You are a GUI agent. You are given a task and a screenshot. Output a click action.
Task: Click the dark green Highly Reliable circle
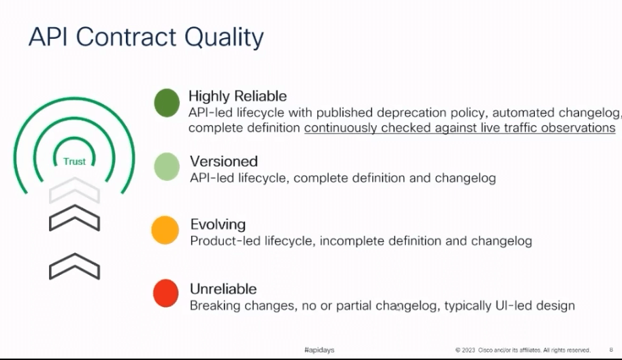tap(167, 103)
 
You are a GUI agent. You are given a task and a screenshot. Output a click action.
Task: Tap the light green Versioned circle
tap(167, 167)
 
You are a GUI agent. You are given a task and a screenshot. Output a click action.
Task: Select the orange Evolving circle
tap(165, 230)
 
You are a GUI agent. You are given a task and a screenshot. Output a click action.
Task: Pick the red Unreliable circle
tap(165, 293)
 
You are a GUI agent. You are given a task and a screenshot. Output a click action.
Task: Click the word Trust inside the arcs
tap(75, 161)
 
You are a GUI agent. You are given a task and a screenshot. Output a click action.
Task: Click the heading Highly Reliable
tap(238, 96)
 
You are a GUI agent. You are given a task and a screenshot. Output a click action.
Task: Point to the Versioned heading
tap(224, 161)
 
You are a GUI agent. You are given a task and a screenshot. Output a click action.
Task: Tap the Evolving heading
tap(218, 225)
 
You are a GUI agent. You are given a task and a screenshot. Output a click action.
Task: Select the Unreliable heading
tap(223, 289)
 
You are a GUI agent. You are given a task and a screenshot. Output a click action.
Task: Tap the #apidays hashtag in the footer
tap(319, 350)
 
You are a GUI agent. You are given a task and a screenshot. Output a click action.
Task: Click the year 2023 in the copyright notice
tap(468, 350)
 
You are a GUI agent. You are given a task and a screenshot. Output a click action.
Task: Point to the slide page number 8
tap(611, 350)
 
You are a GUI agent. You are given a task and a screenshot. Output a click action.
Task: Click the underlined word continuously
tap(341, 128)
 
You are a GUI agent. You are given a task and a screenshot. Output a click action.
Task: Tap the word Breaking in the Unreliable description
tap(214, 306)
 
